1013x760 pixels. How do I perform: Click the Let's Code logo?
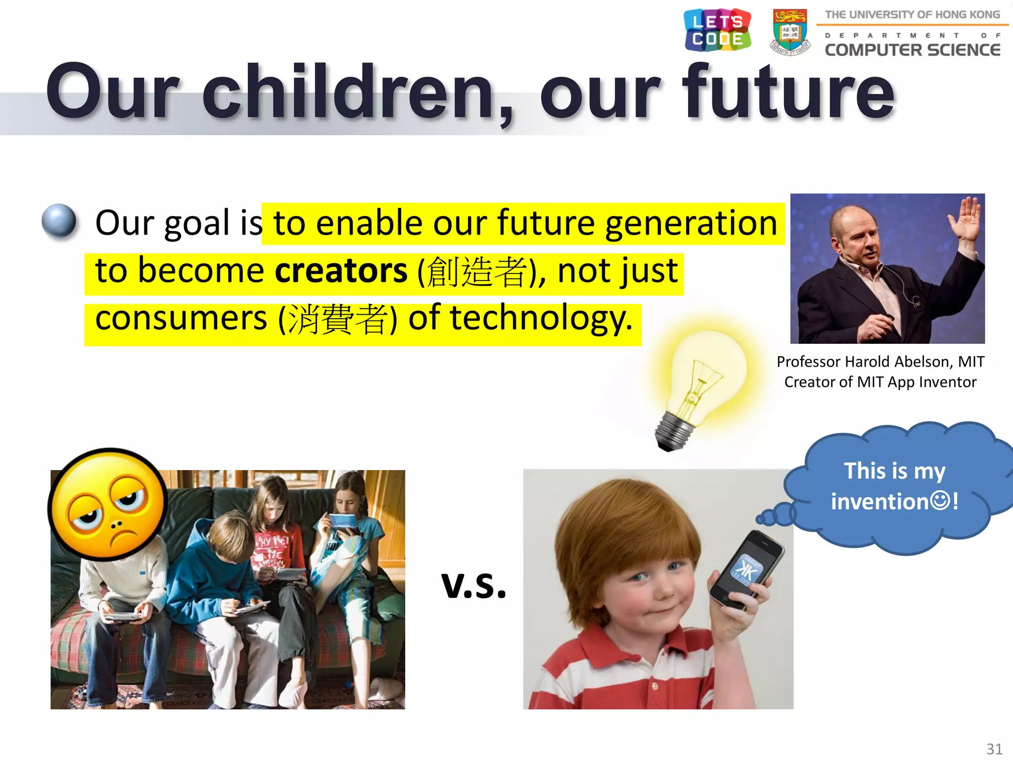[717, 30]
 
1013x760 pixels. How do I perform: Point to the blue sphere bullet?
[59, 221]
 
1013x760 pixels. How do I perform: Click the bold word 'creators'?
[341, 271]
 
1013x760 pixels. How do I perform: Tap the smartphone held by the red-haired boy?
[747, 569]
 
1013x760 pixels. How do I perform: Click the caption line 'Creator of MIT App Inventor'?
[880, 382]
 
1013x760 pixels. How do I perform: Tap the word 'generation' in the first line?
[691, 224]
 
